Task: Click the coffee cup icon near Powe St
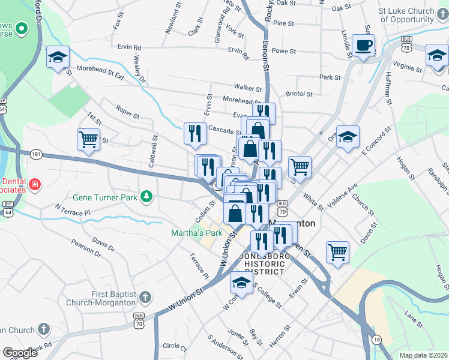click(x=364, y=45)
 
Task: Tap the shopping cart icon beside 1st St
click(x=88, y=140)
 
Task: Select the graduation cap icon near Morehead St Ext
click(x=58, y=58)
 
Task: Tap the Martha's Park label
click(x=195, y=233)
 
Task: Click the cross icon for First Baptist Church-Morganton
click(x=145, y=297)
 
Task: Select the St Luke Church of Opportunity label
click(x=406, y=15)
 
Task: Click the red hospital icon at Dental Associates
click(x=35, y=183)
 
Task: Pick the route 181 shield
click(x=36, y=154)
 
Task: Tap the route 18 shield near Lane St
click(x=376, y=340)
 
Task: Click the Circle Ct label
click(x=175, y=346)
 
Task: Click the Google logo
click(x=20, y=353)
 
